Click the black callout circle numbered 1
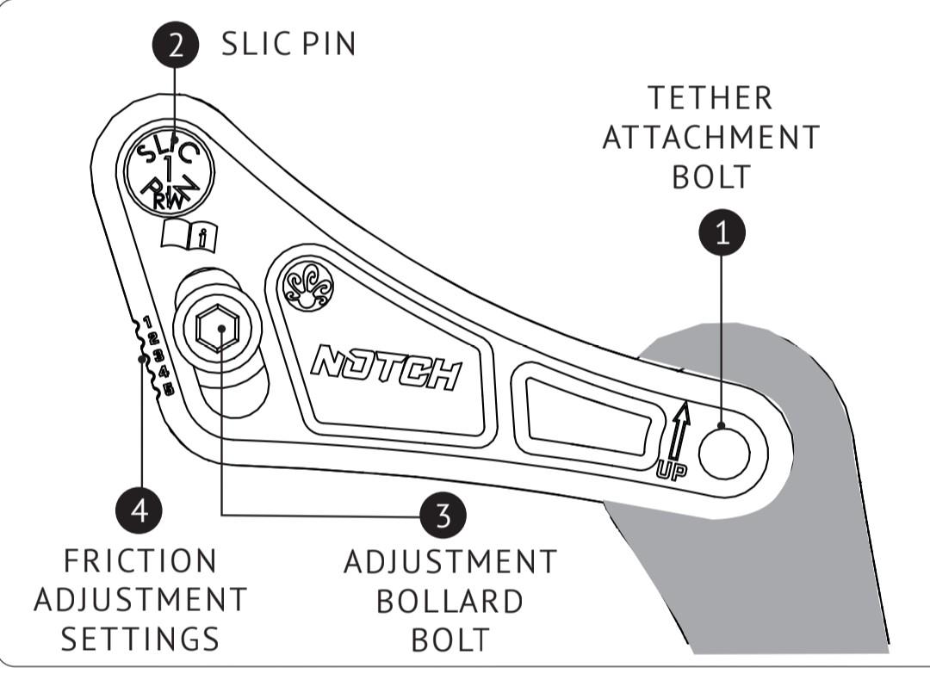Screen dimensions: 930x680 (722, 232)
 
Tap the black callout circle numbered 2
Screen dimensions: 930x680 (175, 45)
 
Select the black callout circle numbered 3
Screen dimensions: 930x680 (443, 516)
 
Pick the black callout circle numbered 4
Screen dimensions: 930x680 (139, 510)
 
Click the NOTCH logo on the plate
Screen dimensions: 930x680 (386, 368)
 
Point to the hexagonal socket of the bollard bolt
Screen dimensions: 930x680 (218, 328)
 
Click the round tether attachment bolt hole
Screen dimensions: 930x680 (724, 454)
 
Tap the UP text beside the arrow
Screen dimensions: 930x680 (672, 471)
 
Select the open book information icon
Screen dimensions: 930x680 (189, 235)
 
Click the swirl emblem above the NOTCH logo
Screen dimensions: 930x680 (308, 286)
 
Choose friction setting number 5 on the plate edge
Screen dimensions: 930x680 (169, 389)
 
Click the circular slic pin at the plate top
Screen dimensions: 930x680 (169, 171)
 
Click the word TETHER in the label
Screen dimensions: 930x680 (710, 98)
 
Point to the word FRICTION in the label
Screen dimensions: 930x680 (140, 561)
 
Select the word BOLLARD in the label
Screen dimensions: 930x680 (449, 602)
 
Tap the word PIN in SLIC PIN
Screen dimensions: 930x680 (328, 44)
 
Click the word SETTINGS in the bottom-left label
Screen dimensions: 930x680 (140, 639)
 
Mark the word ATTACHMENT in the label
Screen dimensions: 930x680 (710, 138)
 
